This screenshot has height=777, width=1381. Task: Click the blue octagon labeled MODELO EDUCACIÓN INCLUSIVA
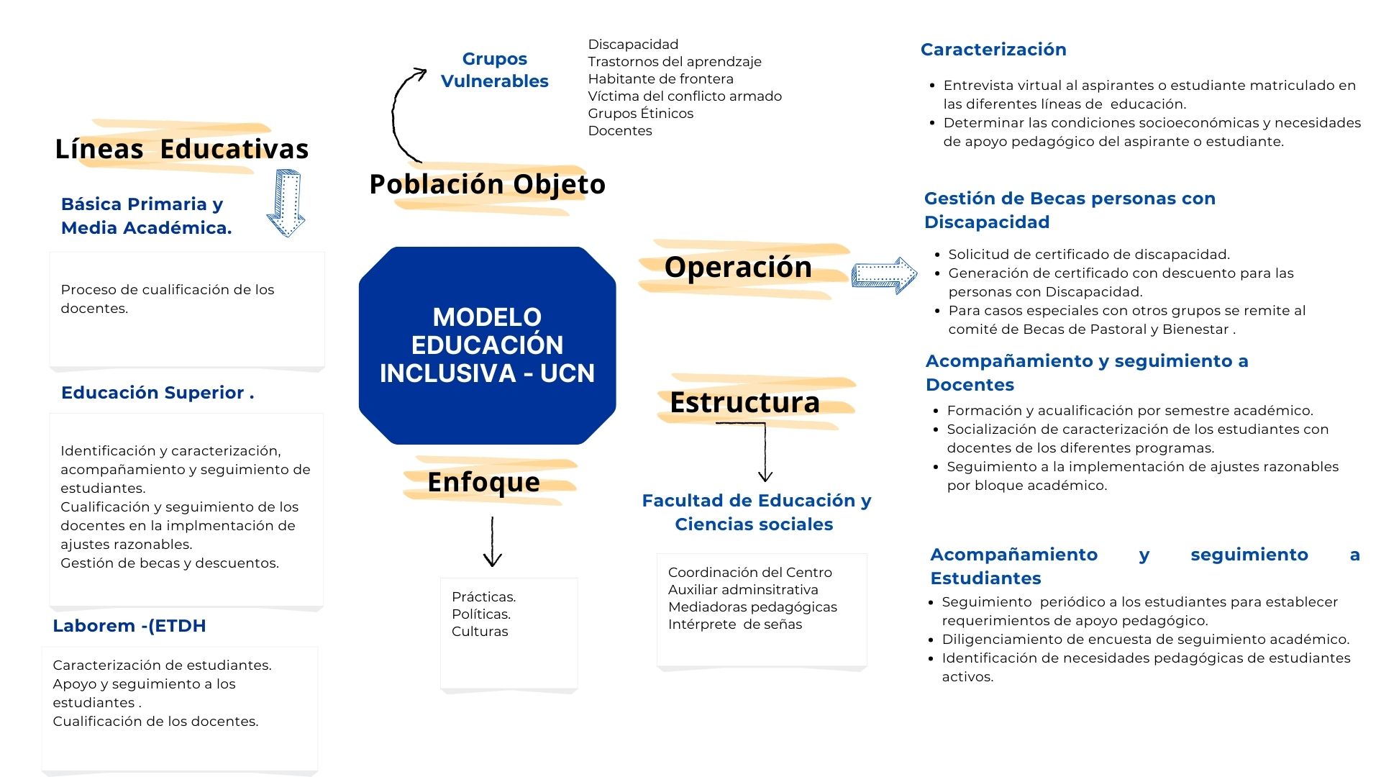(x=487, y=345)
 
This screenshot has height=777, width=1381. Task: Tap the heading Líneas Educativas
(x=181, y=148)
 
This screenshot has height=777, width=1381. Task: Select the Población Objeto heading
(x=487, y=184)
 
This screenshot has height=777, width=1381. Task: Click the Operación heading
(x=738, y=267)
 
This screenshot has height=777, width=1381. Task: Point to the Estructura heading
(x=744, y=402)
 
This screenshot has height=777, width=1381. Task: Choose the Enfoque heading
(x=483, y=481)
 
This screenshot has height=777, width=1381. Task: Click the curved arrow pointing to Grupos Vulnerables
(x=400, y=115)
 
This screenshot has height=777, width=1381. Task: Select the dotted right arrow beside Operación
(x=884, y=275)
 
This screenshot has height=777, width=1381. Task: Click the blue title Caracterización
(x=993, y=50)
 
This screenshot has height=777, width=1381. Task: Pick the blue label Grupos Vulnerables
(x=494, y=70)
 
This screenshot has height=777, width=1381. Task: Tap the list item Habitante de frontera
(x=660, y=79)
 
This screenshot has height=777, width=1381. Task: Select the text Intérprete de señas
(x=734, y=624)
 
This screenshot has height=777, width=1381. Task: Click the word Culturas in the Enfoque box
(x=480, y=632)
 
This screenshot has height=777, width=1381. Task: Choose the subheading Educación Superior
(x=157, y=393)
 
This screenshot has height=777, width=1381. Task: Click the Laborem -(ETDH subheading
(x=129, y=626)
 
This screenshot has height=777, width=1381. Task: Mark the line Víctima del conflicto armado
(x=684, y=96)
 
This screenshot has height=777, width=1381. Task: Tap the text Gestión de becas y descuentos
(x=169, y=563)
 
